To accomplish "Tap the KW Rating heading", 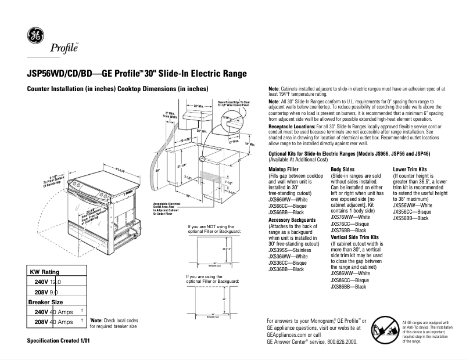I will coord(44,272).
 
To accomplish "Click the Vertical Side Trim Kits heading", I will coord(355,237).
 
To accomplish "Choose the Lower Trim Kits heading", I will coord(413,169).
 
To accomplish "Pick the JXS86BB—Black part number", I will coord(349,287).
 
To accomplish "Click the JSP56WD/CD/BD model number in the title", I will coord(56,74).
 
